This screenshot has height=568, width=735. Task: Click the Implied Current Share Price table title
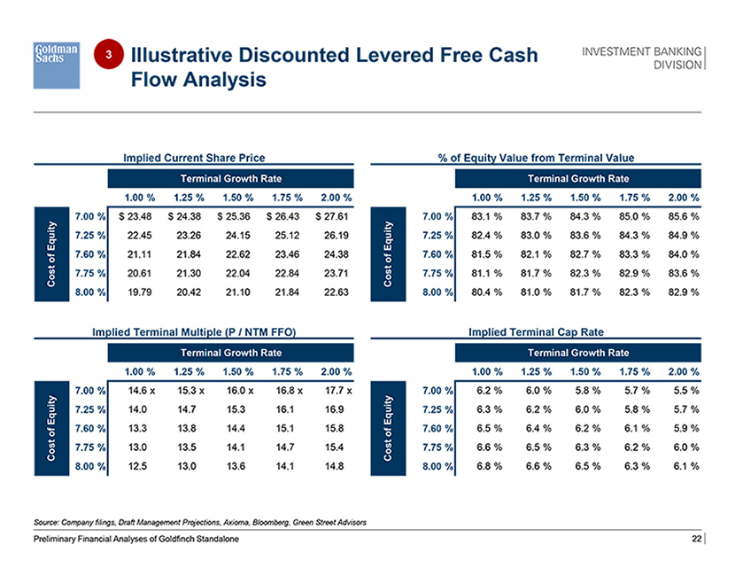point(194,158)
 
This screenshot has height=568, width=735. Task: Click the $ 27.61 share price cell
point(334,215)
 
